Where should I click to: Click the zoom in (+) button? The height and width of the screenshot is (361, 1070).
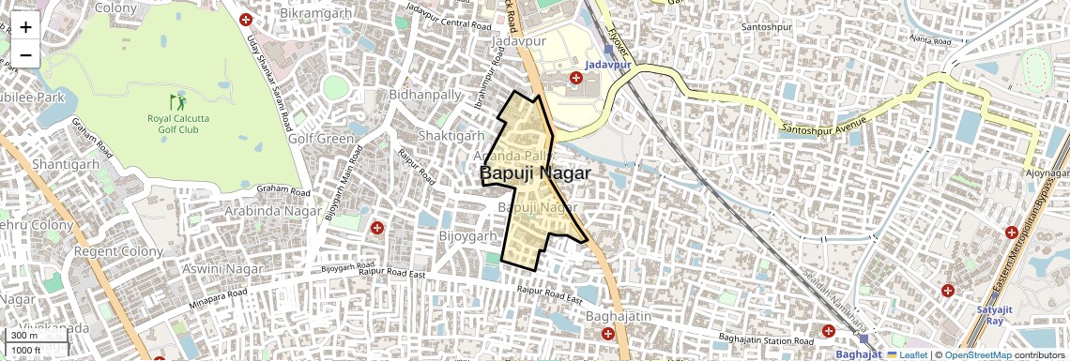point(25,27)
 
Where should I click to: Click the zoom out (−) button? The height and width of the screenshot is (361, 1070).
point(25,55)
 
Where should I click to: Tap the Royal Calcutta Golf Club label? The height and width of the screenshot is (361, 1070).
point(178,124)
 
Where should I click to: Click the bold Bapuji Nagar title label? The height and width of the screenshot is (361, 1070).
point(535,173)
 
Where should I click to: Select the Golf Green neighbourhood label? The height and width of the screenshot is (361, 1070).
point(321,139)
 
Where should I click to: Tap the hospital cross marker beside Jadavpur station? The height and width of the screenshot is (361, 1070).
point(576,78)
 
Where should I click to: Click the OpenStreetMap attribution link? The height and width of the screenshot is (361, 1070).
point(978,355)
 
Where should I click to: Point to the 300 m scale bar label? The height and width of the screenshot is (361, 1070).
point(24,336)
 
